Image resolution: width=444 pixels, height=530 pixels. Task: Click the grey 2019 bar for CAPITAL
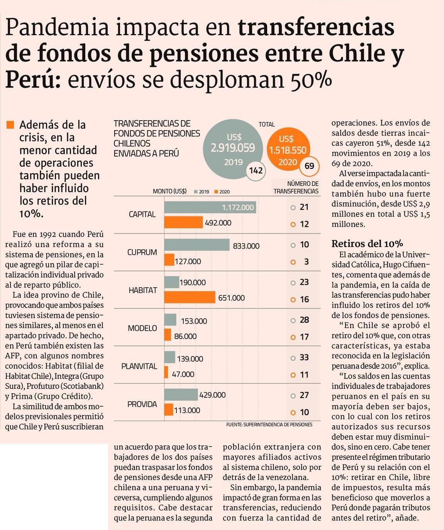point(210,207)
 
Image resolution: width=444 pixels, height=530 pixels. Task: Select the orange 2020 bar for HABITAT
point(190,297)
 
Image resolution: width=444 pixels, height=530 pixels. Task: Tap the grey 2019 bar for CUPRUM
point(197,245)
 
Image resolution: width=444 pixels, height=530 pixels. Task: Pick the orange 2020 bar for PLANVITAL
point(166,372)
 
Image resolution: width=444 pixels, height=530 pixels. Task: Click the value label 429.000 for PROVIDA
point(212,395)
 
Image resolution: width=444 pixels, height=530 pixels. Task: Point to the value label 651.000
point(231,298)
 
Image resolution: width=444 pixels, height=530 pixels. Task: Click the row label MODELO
point(142,328)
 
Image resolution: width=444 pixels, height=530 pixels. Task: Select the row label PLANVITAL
point(139,366)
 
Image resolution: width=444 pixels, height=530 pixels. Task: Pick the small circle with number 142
point(256,170)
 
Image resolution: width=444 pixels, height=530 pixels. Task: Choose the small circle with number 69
point(309,166)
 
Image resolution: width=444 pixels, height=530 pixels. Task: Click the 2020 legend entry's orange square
point(217,192)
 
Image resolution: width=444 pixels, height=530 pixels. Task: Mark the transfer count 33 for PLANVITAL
point(304,357)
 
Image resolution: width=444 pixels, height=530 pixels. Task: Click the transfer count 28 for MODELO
point(304,320)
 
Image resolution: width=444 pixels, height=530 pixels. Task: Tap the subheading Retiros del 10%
point(367,244)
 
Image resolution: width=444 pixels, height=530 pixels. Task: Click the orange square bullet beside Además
point(10,124)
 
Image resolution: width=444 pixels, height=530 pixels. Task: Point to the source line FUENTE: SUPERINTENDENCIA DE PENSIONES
point(269,424)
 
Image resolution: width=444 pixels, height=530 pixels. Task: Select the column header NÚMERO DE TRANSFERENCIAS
point(297,187)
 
